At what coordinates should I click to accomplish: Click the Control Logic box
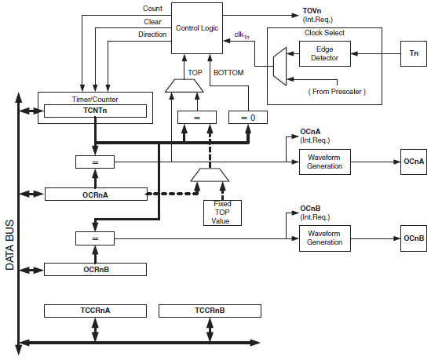click(197, 28)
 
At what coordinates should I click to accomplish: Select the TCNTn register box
click(95, 111)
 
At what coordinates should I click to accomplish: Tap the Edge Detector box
click(325, 54)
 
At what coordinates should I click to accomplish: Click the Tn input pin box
click(414, 54)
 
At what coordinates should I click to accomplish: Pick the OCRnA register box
click(96, 195)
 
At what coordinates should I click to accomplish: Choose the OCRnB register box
click(95, 269)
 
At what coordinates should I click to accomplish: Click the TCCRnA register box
click(95, 311)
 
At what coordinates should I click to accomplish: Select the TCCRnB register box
click(210, 311)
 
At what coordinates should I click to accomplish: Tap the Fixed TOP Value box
click(222, 213)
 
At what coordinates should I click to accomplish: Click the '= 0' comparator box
click(248, 117)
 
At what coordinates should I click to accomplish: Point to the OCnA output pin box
click(414, 162)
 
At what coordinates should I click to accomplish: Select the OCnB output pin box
click(414, 238)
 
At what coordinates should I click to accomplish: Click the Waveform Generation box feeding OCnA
click(325, 162)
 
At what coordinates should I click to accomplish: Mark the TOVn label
click(312, 11)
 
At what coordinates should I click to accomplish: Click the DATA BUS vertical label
click(9, 245)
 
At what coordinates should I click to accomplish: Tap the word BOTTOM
click(228, 73)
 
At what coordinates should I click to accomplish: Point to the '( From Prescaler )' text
click(337, 92)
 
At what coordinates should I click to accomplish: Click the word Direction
click(152, 35)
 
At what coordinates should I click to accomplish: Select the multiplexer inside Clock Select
click(279, 67)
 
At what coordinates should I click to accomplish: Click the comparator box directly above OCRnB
click(95, 238)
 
